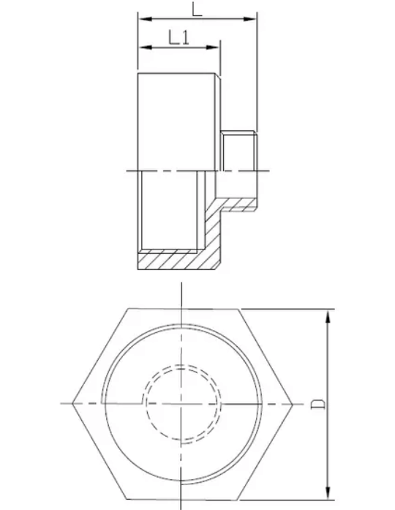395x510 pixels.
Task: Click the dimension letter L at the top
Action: (195, 9)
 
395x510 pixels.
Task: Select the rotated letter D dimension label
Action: (317, 403)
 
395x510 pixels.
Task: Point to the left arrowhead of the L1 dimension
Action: (142, 48)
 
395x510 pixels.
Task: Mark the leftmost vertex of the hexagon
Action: (74, 403)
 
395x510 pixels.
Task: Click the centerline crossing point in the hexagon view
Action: (181, 403)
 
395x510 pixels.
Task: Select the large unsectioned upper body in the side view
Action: (178, 121)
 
